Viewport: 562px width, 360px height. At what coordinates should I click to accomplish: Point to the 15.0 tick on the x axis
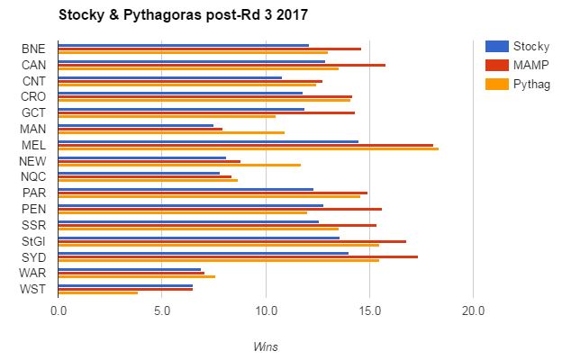pyautogui.click(x=369, y=311)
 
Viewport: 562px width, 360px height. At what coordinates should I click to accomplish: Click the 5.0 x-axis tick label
pyautogui.click(x=162, y=311)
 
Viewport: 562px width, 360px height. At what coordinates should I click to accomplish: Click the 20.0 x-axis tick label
pyautogui.click(x=473, y=311)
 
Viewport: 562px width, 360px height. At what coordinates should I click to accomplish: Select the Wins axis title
pyautogui.click(x=265, y=344)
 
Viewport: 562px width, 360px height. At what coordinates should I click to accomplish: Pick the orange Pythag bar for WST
pyautogui.click(x=97, y=292)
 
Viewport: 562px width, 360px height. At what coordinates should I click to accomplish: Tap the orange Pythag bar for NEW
pyautogui.click(x=179, y=165)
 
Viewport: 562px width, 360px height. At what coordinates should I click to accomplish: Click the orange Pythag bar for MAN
pyautogui.click(x=171, y=132)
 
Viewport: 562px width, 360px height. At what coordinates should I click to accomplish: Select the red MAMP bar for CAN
pyautogui.click(x=222, y=65)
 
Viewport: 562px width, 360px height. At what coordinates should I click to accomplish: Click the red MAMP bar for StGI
pyautogui.click(x=232, y=241)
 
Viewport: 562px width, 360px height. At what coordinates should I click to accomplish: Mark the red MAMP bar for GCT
pyautogui.click(x=206, y=112)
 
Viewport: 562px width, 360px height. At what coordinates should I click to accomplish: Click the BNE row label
pyautogui.click(x=33, y=49)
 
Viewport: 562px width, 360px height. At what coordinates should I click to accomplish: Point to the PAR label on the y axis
pyautogui.click(x=33, y=193)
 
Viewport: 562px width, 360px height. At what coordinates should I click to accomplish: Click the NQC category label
pyautogui.click(x=33, y=176)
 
